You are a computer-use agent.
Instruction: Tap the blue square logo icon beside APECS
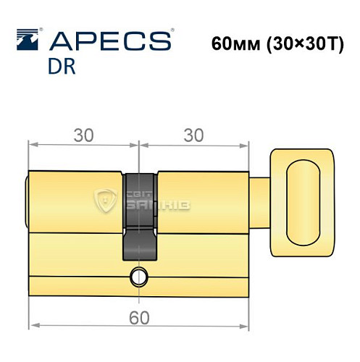click(x=26, y=41)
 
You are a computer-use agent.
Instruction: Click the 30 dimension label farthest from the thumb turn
click(x=83, y=135)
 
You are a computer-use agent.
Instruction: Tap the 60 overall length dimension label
click(x=135, y=316)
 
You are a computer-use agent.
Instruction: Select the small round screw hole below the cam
click(x=138, y=275)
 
